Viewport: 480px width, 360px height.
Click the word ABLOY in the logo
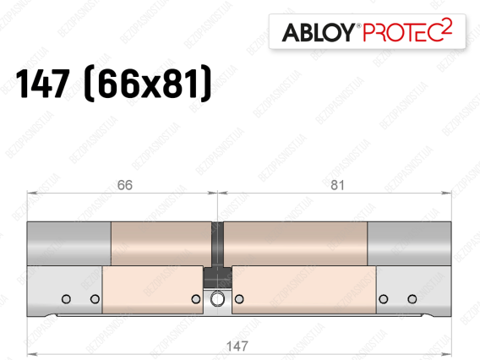[x=318, y=32]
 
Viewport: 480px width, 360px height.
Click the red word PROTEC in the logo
[x=403, y=32]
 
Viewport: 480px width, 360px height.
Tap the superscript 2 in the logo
[x=447, y=26]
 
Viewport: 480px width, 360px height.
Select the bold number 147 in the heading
[x=42, y=84]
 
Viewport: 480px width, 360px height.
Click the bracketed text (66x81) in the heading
[x=148, y=84]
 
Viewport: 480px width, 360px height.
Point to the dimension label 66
[x=125, y=185]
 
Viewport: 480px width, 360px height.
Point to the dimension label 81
[x=337, y=185]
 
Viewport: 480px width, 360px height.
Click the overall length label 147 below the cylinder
[x=237, y=346]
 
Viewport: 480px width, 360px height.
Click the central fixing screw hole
[x=217, y=299]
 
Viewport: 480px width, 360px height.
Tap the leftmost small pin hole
[x=66, y=299]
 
